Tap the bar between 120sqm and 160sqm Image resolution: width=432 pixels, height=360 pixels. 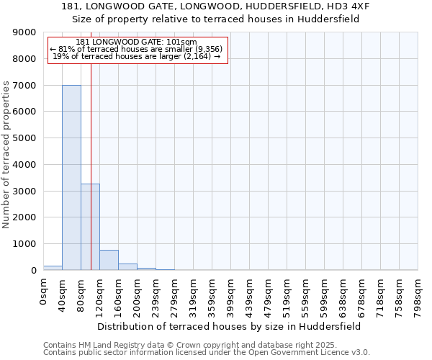[x=109, y=260]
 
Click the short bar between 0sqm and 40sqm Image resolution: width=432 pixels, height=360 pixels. [x=53, y=268]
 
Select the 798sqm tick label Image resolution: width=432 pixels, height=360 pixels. [x=418, y=295]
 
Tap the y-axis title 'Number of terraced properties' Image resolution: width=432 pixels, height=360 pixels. [x=6, y=155]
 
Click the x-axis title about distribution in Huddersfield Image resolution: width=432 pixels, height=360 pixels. [x=228, y=326]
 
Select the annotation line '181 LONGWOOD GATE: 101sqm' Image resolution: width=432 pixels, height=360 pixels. [x=136, y=42]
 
